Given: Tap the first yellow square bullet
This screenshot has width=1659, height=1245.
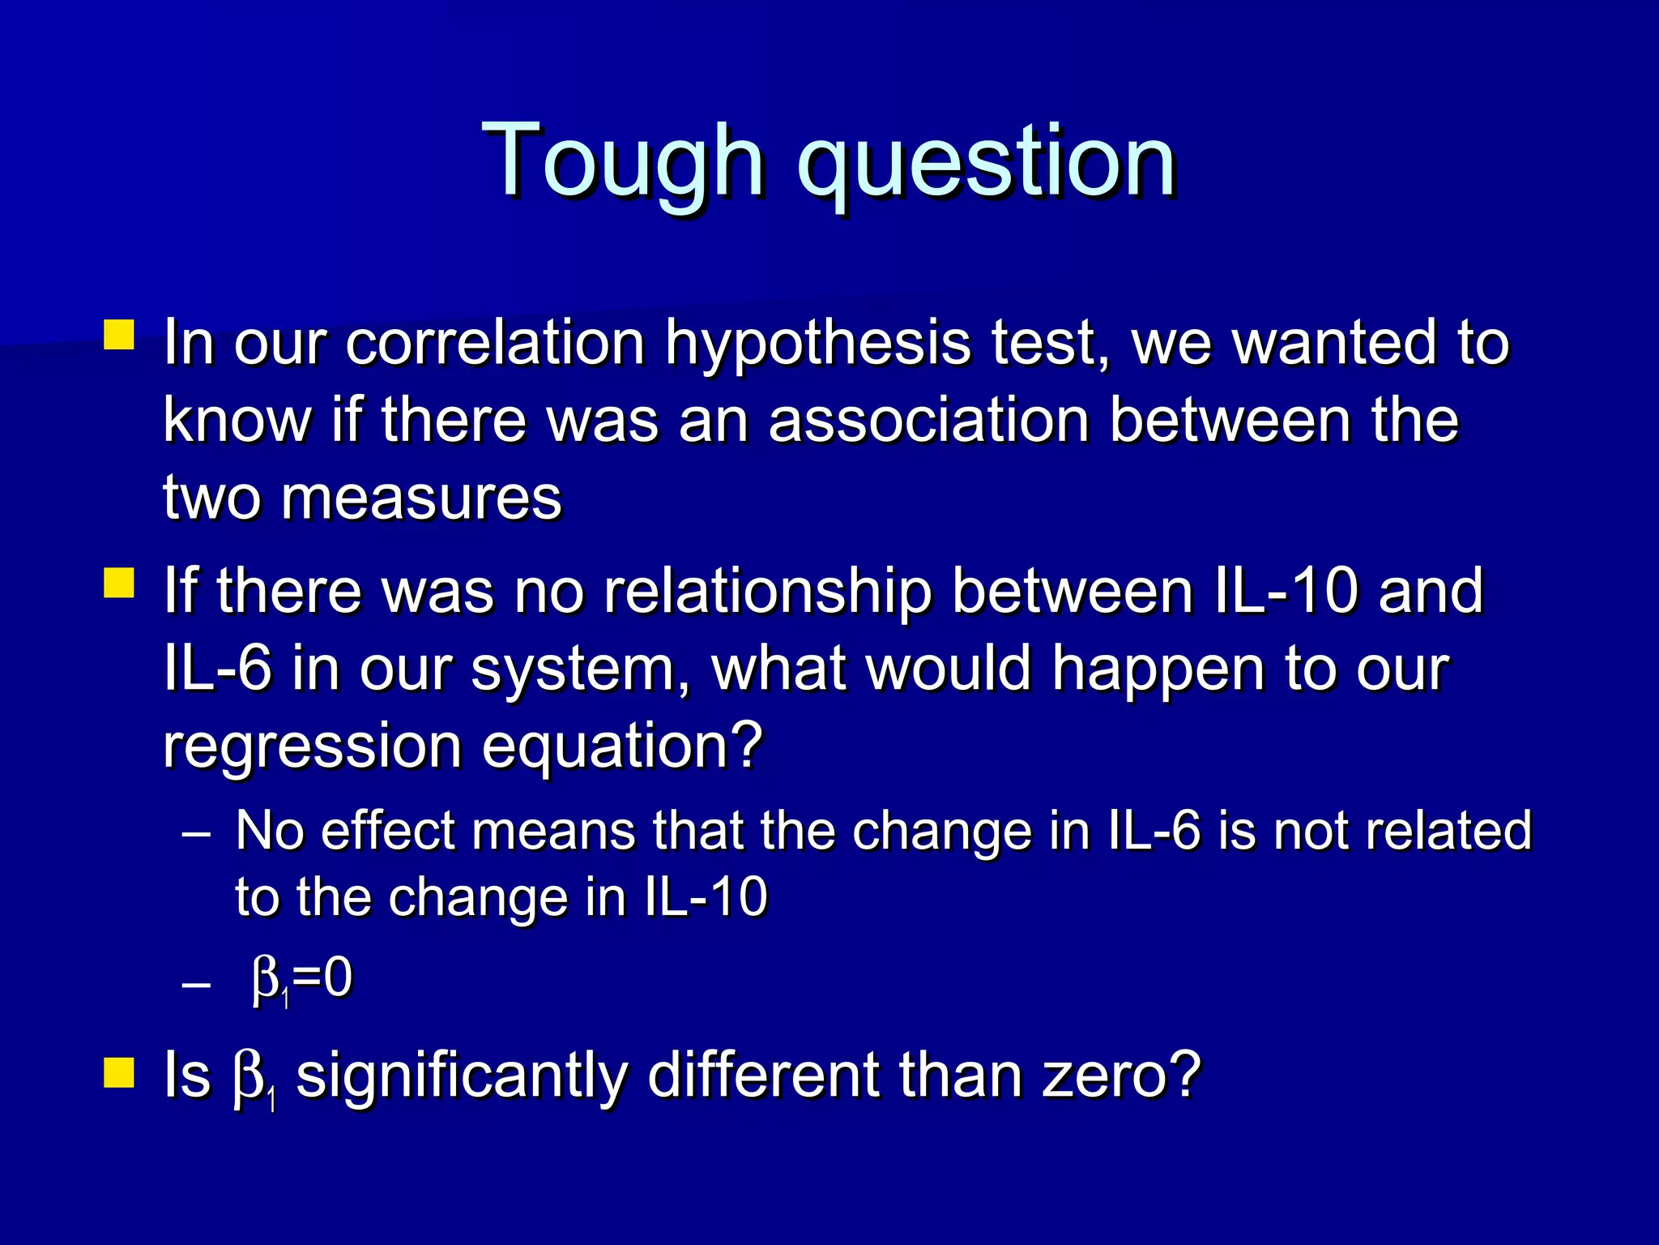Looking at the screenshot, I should (x=119, y=334).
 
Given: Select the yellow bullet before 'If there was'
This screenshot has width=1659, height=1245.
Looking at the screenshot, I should (x=119, y=582).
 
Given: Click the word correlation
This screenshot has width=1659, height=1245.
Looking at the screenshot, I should (x=495, y=343).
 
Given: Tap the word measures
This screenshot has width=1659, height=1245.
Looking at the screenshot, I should (x=420, y=497).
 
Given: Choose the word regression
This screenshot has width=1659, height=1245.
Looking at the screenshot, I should (x=312, y=747).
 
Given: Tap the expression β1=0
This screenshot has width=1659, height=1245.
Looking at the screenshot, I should (x=301, y=980).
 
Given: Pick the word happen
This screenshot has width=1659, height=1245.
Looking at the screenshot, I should (x=1158, y=670).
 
